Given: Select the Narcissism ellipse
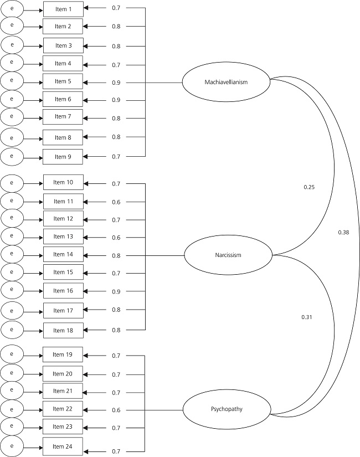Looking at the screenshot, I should [228, 255].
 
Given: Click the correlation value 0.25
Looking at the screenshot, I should [309, 187].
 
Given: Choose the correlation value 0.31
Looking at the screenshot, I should [307, 317].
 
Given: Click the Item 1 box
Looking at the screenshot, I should [63, 9].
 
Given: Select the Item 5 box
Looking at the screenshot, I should [63, 81].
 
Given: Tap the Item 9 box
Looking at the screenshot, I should [63, 157].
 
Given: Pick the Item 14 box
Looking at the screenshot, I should [63, 254].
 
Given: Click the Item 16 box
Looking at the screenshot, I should [63, 290].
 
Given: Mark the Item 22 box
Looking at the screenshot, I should [63, 409].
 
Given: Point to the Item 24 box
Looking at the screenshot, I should [63, 446].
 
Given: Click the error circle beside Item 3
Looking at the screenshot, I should [12, 45].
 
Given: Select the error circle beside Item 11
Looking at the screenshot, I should [12, 201].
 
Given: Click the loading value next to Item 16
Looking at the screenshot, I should [116, 291].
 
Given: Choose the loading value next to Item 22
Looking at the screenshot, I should [116, 410].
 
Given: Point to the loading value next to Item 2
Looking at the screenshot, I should [116, 26].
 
